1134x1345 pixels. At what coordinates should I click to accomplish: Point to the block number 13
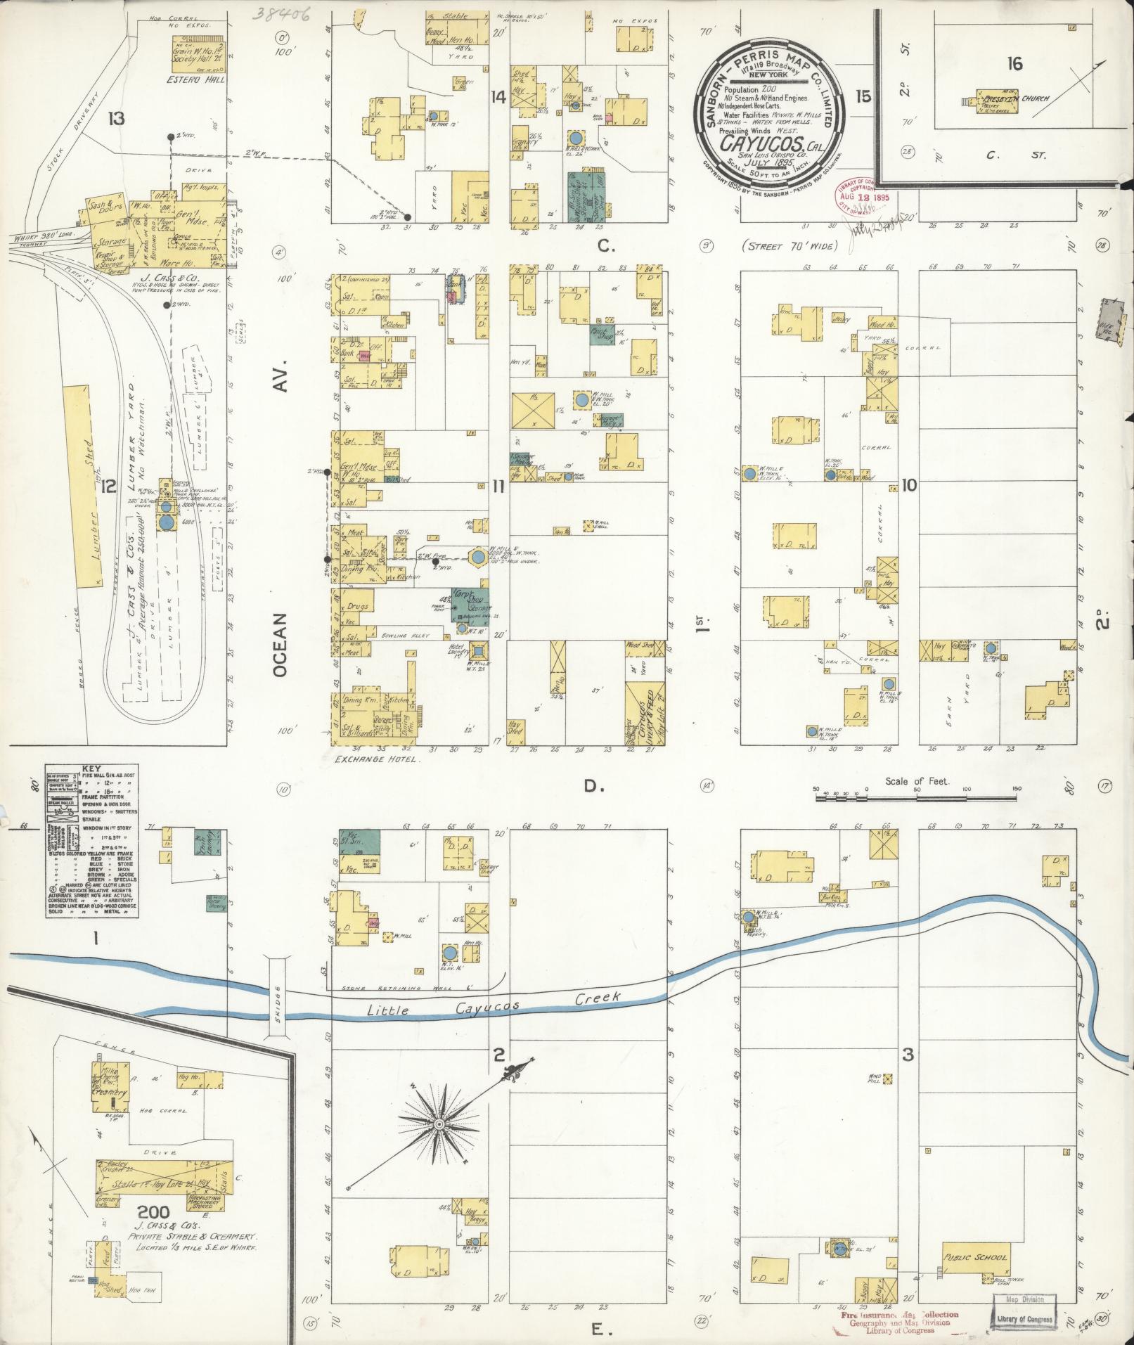[116, 118]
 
